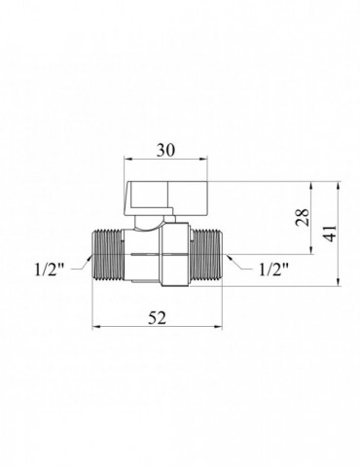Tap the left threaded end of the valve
point(107,259)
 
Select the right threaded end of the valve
point(212,259)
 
